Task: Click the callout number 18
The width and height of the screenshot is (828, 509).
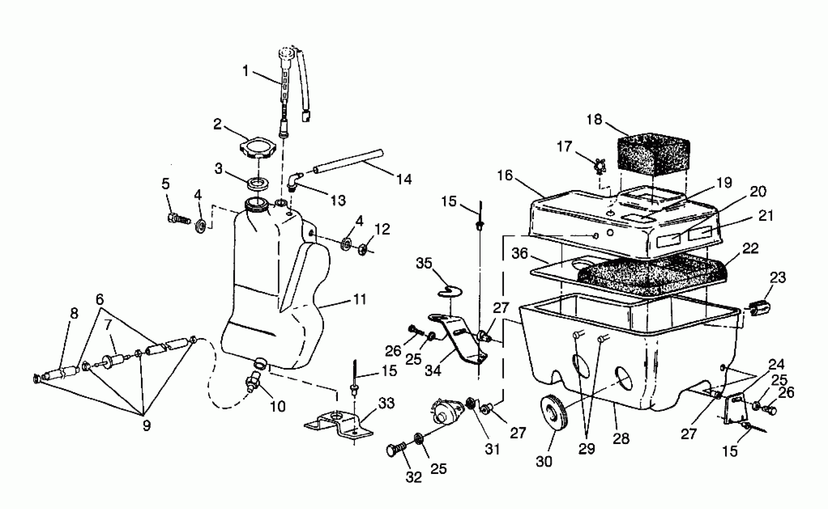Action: [x=594, y=120]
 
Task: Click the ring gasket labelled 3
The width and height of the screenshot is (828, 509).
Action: [x=258, y=184]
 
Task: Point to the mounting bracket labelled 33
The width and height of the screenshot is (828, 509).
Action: [x=339, y=426]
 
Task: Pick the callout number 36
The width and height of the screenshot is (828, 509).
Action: [x=519, y=254]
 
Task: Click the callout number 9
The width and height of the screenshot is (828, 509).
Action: [x=147, y=426]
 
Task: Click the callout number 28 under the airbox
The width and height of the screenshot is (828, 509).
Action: [x=621, y=439]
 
